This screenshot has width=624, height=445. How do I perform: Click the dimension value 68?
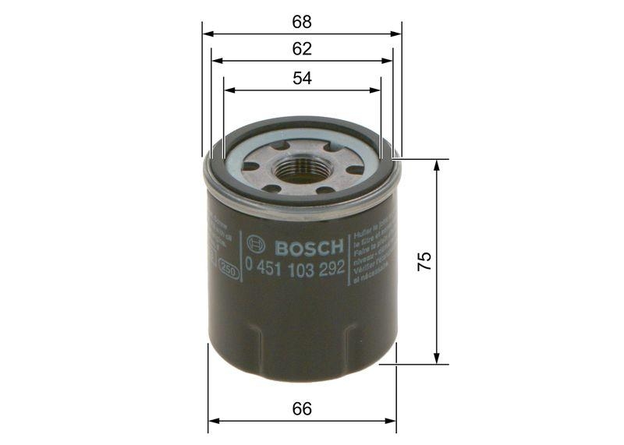point(303,21)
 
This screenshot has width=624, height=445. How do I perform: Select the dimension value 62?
point(303,49)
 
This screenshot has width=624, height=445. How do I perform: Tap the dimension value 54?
point(303,78)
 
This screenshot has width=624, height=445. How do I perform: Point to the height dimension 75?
point(424,261)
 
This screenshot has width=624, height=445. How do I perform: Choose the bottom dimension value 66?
point(303,408)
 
